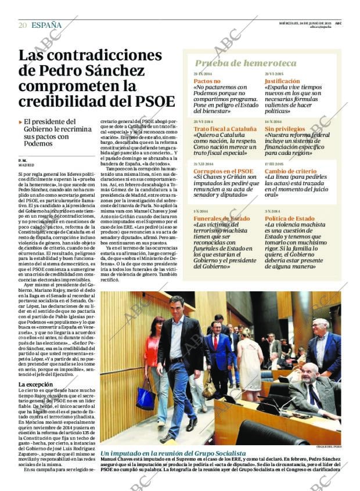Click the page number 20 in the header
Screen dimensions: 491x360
(x=22, y=25)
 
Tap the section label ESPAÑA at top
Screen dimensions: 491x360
(x=46, y=25)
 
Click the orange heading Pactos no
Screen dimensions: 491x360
(x=207, y=81)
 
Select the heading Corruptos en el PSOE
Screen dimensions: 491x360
(x=223, y=171)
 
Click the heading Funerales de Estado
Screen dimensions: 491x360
(x=221, y=218)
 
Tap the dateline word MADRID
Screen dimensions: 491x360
(x=26, y=165)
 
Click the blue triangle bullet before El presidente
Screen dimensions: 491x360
(x=20, y=122)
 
